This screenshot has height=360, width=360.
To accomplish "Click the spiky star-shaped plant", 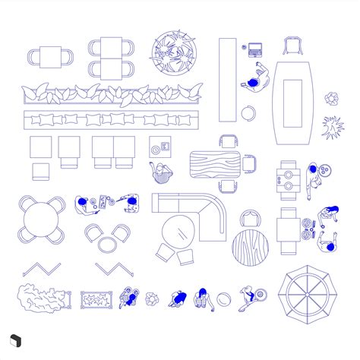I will pyautogui.click(x=332, y=128).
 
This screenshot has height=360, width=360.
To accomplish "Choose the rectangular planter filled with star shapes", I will pyautogui.click(x=96, y=301).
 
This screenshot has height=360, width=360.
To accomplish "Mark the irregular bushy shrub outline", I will pyautogui.click(x=39, y=298).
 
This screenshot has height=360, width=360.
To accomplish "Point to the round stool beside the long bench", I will pyautogui.click(x=249, y=113).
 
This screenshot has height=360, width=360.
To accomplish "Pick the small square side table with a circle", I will pyautogui.click(x=159, y=146).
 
